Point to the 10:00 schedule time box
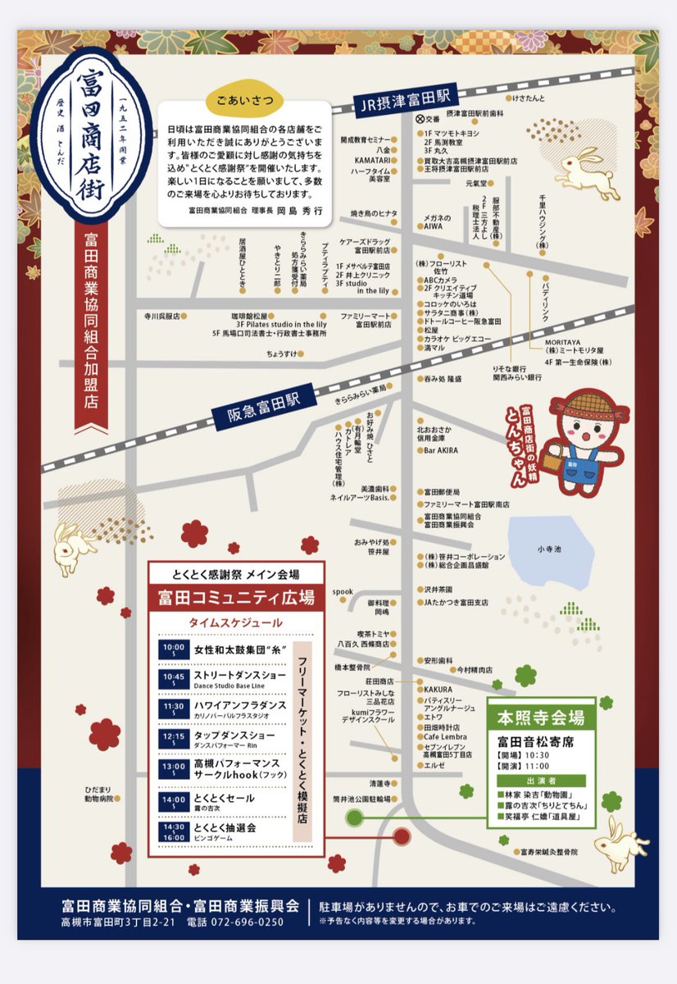(x=174, y=649)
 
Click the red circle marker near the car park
(x=402, y=836)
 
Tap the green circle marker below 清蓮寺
(x=354, y=817)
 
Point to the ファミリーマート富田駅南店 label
(x=466, y=505)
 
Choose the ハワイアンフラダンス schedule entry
(x=239, y=705)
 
